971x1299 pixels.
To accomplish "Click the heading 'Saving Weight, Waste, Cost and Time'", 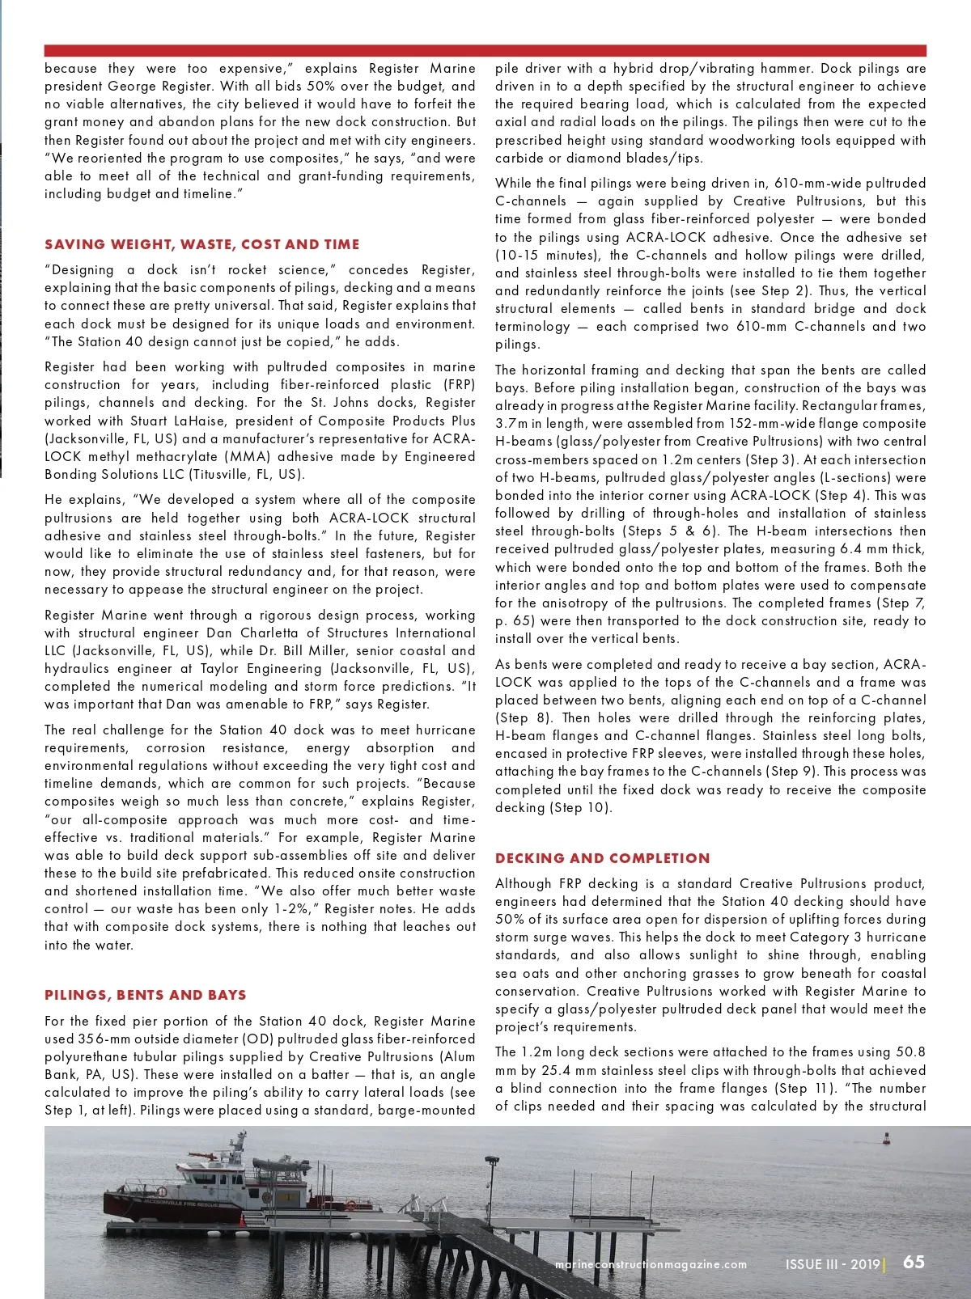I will tap(201, 244).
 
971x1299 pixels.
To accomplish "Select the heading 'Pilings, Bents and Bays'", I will tap(146, 995).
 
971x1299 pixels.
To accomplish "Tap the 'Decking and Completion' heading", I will tap(602, 858).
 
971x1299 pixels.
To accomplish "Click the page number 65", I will tap(914, 1262).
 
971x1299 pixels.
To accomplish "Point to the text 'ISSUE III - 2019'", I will tap(833, 1264).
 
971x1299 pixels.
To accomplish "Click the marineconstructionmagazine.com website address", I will tap(651, 1264).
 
